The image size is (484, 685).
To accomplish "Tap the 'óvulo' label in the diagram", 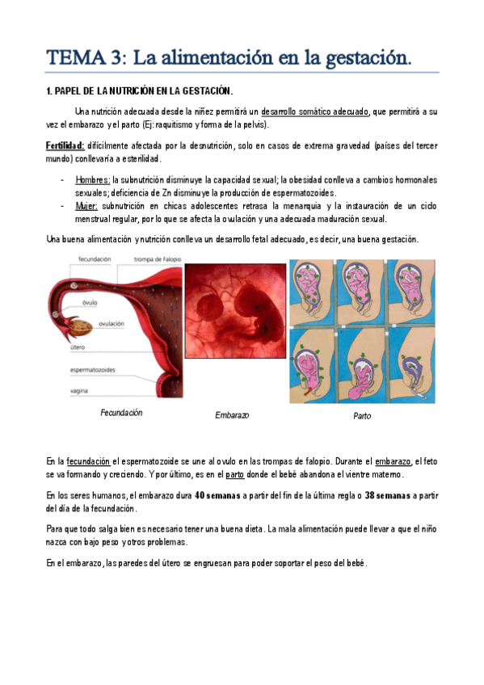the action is [x=90, y=303].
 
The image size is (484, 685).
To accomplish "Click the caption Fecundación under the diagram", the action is [x=121, y=413].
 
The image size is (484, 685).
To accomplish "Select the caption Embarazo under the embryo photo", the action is [x=232, y=415].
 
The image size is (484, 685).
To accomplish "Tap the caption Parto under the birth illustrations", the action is [x=362, y=417].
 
